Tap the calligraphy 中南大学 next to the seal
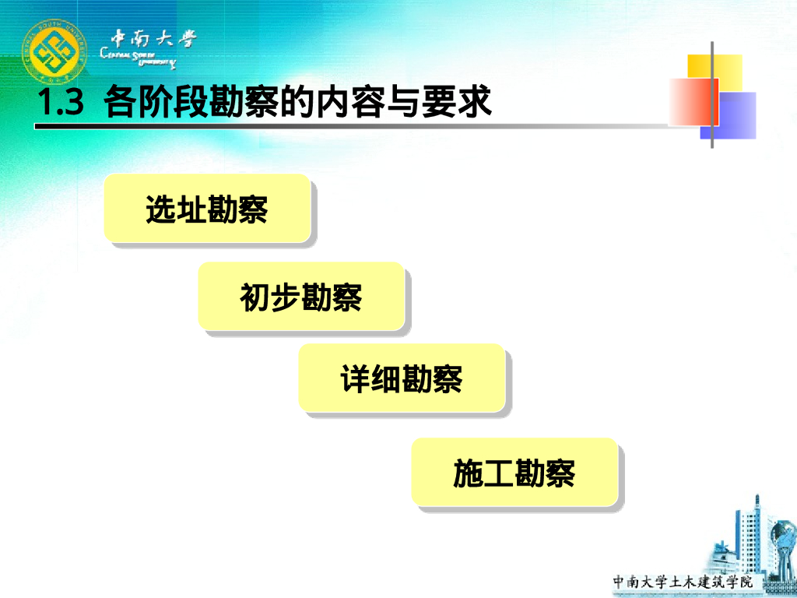pos(153,39)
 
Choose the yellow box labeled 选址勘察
pos(207,208)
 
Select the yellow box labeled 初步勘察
pos(301,297)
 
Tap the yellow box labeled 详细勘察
pos(402,378)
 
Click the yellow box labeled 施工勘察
pos(514,472)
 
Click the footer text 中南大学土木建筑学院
pos(683,582)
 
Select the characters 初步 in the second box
pos(270,297)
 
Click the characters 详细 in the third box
pos(370,379)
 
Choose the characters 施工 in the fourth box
pos(483,473)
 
